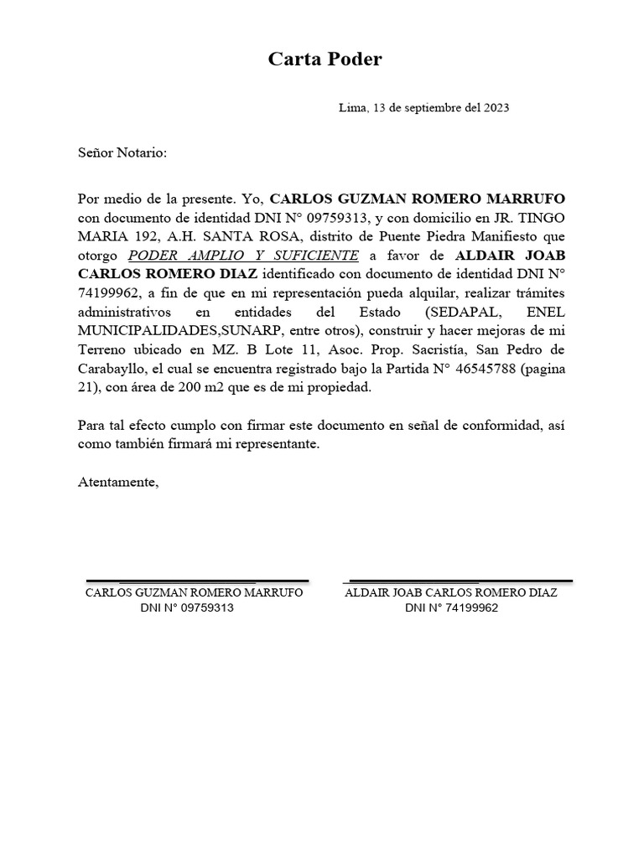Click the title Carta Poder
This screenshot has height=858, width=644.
pyautogui.click(x=325, y=59)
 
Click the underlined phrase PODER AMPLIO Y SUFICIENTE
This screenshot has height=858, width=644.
pyautogui.click(x=243, y=255)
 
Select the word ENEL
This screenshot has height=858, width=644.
pyautogui.click(x=545, y=312)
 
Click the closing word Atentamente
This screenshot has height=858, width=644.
pyautogui.click(x=117, y=483)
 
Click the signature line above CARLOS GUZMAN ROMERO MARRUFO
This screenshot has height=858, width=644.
pyautogui.click(x=198, y=580)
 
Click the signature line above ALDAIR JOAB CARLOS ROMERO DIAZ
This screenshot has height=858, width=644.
pyautogui.click(x=458, y=580)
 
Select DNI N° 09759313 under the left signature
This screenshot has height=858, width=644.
pyautogui.click(x=186, y=608)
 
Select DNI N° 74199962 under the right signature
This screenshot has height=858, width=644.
pyautogui.click(x=451, y=608)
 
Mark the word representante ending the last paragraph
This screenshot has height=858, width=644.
pyautogui.click(x=267, y=445)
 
